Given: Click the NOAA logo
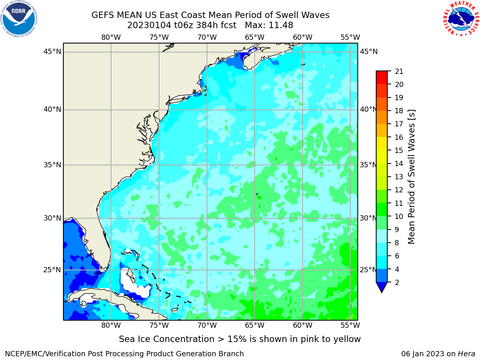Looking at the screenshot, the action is [x=19, y=19].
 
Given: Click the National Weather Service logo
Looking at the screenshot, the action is [x=461, y=19].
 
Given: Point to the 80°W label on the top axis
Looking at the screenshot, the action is [x=111, y=37].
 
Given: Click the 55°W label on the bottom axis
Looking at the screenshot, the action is [x=350, y=325].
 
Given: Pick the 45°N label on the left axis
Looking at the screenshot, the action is [x=52, y=52].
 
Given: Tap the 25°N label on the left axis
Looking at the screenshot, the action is [x=52, y=270].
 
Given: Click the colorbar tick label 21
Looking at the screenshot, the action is [x=399, y=71].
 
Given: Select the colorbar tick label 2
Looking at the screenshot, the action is [x=397, y=282].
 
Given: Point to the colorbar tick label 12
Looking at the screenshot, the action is [x=399, y=190].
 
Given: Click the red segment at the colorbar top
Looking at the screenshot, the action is [x=382, y=77].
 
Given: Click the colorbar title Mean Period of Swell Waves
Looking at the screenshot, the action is [x=411, y=177].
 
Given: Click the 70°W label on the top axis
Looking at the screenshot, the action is [x=207, y=37].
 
